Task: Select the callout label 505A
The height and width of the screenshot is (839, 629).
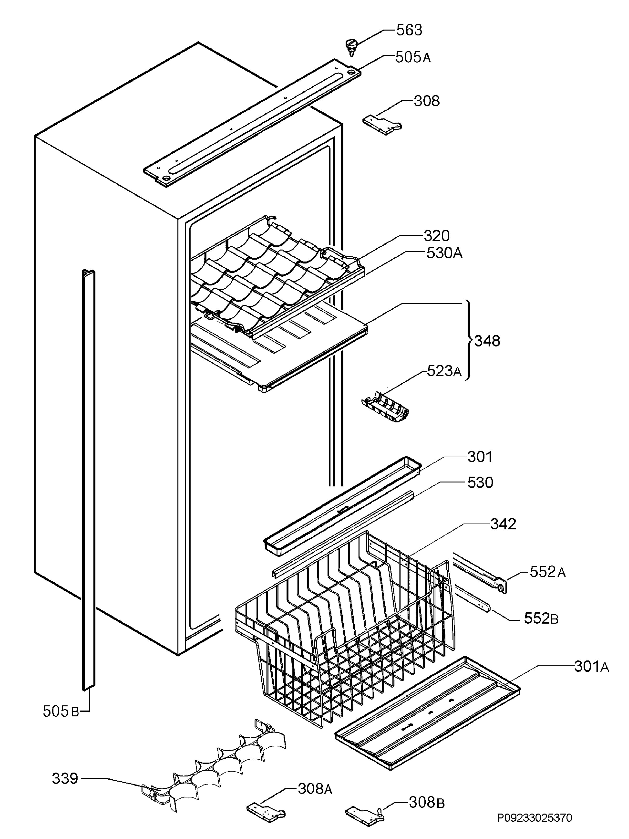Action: pos(413,58)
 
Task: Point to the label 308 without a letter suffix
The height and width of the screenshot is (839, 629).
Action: pos(426,101)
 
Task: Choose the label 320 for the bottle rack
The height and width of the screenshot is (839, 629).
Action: pos(437,236)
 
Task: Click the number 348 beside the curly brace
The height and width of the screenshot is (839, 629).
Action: pos(487,341)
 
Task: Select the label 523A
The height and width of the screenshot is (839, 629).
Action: pos(444,371)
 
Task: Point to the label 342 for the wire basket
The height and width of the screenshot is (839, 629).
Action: pos(503,524)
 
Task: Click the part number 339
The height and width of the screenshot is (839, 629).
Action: pos(65,779)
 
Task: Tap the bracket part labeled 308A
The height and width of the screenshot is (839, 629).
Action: pos(266,813)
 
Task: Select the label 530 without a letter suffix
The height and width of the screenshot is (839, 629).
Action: pos(480,483)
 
